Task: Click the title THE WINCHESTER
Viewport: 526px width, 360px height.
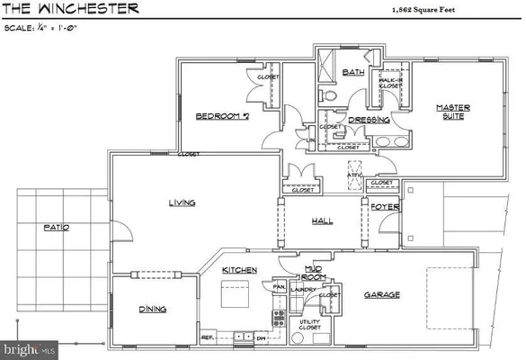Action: pyautogui.click(x=71, y=9)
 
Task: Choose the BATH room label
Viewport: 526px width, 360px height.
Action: pyautogui.click(x=352, y=72)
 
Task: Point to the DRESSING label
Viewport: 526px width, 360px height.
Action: pyautogui.click(x=370, y=119)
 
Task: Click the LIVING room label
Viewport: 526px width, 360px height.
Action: pyautogui.click(x=183, y=203)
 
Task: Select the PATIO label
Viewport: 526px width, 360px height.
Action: pyautogui.click(x=56, y=228)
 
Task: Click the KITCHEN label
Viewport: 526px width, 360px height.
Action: pyautogui.click(x=240, y=270)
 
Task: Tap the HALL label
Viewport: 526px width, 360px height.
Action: pyautogui.click(x=323, y=220)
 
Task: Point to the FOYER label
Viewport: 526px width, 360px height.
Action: pyautogui.click(x=385, y=207)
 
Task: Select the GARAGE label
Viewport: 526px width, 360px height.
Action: pyautogui.click(x=382, y=295)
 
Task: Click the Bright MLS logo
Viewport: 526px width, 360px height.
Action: pyautogui.click(x=29, y=347)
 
